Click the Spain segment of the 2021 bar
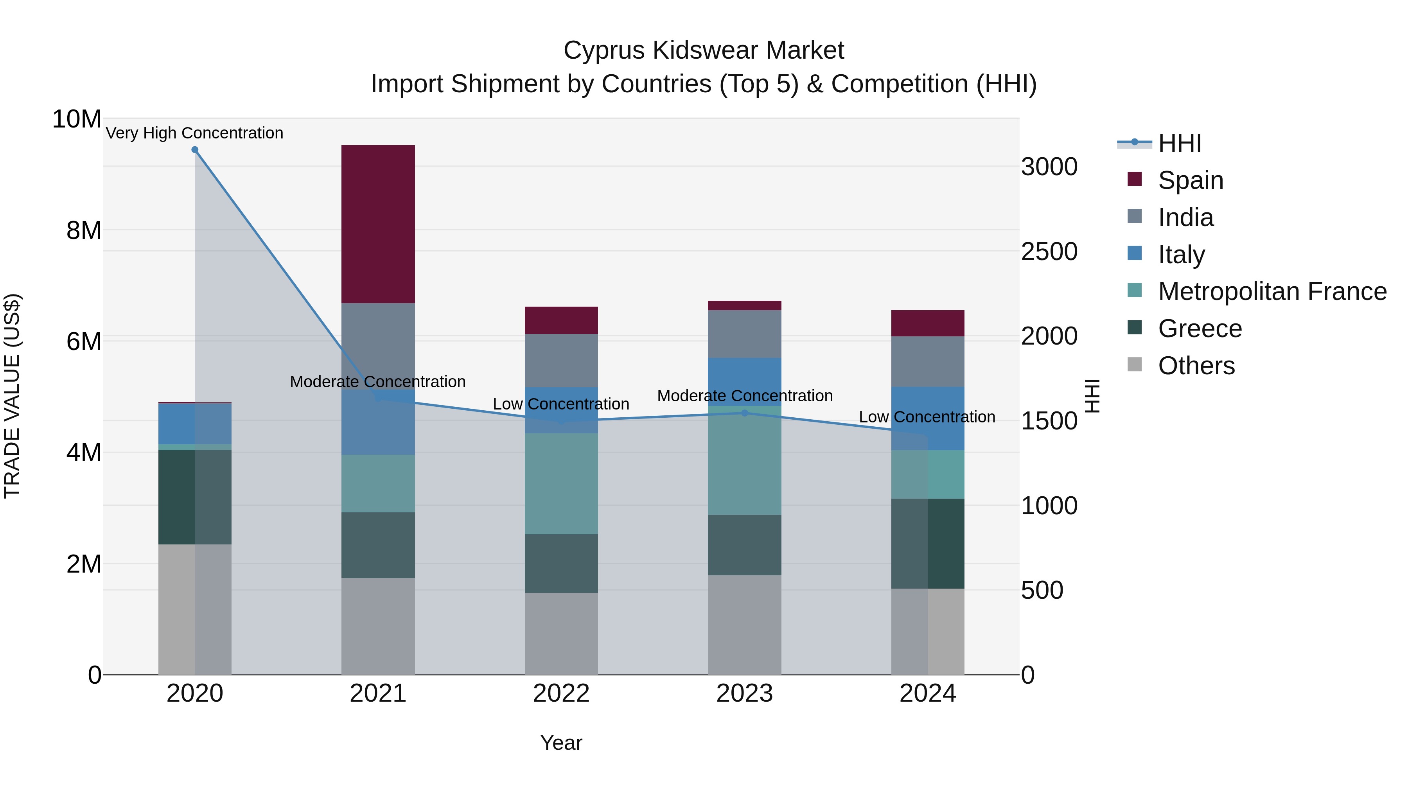click(x=378, y=224)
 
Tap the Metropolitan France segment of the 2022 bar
click(x=561, y=484)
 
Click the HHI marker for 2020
click(x=195, y=150)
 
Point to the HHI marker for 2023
click(x=744, y=413)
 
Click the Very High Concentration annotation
click(x=195, y=133)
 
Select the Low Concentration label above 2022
click(x=561, y=404)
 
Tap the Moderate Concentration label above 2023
click(x=744, y=396)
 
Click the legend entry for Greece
click(x=1200, y=329)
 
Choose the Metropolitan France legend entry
click(x=1272, y=291)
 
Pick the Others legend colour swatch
click(x=1135, y=365)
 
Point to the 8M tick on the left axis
click(x=84, y=230)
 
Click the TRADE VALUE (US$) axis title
click(x=12, y=396)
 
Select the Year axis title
click(x=561, y=743)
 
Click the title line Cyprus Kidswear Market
click(x=704, y=50)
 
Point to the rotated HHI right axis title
click(x=1092, y=396)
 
